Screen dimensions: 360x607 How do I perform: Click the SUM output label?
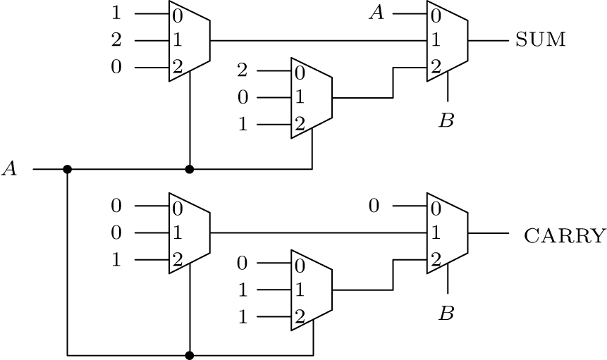[x=540, y=40]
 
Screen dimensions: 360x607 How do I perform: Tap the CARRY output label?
[x=564, y=235]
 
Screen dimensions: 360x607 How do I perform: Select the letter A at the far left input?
[x=10, y=169]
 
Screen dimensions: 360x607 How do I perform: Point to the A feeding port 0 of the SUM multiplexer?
[x=377, y=13]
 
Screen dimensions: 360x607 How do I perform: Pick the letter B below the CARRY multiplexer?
[x=446, y=314]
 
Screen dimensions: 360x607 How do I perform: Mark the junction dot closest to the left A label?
[x=68, y=169]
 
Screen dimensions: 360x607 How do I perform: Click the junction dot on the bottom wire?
[x=189, y=354]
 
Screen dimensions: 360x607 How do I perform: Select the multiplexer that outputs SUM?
[x=447, y=41]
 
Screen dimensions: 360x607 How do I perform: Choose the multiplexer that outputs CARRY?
[x=447, y=233]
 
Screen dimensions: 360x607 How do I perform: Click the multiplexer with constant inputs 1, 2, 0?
[x=189, y=41]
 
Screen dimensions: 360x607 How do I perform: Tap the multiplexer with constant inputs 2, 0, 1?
[x=311, y=98]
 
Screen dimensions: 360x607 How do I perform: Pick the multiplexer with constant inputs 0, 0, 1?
[x=189, y=233]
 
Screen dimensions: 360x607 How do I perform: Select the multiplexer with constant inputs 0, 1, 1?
[x=311, y=290]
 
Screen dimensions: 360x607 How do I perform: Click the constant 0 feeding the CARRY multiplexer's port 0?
[x=374, y=206]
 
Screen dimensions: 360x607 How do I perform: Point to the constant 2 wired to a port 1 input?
[x=116, y=41]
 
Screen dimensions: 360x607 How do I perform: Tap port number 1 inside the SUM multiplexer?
[x=436, y=41]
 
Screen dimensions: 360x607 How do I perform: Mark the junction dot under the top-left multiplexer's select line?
[x=189, y=169]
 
